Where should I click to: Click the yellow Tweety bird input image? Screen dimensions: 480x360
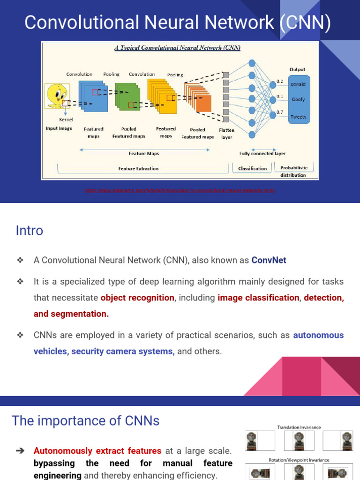[x=56, y=95]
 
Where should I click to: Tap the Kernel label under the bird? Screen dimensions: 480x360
[x=66, y=120]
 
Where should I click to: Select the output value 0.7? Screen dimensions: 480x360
[x=279, y=112]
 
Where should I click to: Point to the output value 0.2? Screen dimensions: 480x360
[x=279, y=81]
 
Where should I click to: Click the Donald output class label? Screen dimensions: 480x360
[x=298, y=84]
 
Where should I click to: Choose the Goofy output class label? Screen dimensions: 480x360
[x=298, y=99]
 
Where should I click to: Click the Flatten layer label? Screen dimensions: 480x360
[x=226, y=134]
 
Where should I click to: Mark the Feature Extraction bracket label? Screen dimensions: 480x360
[x=138, y=168]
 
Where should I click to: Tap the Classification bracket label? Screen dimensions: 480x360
[x=252, y=168]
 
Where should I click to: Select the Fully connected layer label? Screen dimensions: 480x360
[x=262, y=153]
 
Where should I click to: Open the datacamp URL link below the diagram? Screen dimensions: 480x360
[x=180, y=190]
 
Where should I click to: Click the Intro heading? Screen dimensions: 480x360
[x=29, y=231]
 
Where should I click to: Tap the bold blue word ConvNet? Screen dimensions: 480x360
[x=269, y=260]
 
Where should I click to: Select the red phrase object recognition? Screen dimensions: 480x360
[x=137, y=298]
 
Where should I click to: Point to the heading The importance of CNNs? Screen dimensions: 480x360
[x=85, y=421]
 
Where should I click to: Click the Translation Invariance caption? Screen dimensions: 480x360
[x=299, y=427]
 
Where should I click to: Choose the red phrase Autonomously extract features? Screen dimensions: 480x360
[x=97, y=451]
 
